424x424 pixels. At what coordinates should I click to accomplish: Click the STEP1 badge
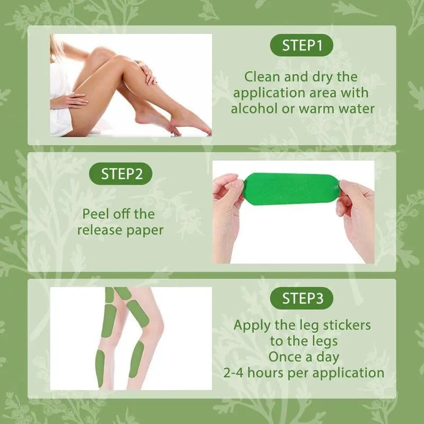pyautogui.click(x=302, y=46)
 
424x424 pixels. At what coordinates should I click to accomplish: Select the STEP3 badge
pyautogui.click(x=302, y=298)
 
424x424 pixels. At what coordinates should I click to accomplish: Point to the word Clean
pyautogui.click(x=261, y=76)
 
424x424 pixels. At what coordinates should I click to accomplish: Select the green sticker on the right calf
pyautogui.click(x=136, y=359)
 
